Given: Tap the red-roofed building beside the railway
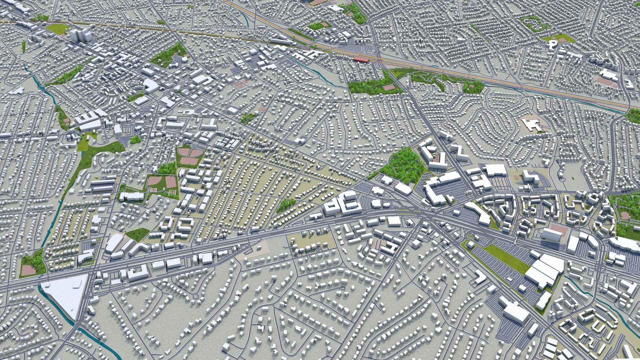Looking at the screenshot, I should point(361,60).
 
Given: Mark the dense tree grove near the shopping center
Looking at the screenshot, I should point(403,165).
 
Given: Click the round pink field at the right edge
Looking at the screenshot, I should point(625,216).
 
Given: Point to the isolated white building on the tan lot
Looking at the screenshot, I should point(533,125).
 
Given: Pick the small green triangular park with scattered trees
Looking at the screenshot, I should point(137,234).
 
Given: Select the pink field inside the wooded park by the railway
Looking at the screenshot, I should point(389,87).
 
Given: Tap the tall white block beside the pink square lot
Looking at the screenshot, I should point(551,235).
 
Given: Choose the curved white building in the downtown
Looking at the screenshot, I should point(151,86).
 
